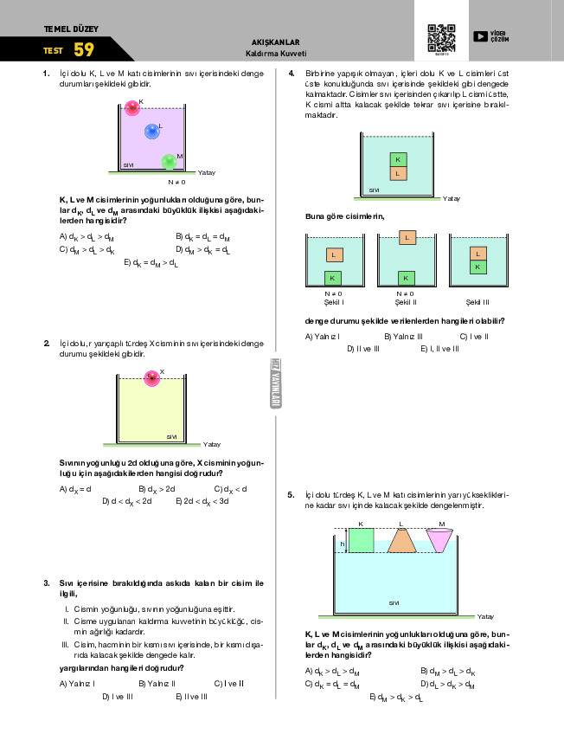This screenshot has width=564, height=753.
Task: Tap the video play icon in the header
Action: [480, 36]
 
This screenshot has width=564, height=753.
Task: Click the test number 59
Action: [84, 49]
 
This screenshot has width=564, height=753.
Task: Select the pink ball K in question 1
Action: [132, 107]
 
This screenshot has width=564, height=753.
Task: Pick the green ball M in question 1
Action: [169, 162]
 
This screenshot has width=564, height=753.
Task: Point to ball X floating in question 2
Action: [152, 377]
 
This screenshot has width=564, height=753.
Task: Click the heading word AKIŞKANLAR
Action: [275, 42]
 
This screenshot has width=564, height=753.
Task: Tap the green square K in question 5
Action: [361, 539]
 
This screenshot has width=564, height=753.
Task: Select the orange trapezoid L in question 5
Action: [401, 540]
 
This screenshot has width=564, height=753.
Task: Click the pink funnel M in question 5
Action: [441, 540]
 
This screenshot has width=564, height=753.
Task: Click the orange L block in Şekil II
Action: [406, 237]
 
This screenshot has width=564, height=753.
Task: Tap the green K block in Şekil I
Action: [332, 278]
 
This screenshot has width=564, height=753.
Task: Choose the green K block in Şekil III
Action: [477, 267]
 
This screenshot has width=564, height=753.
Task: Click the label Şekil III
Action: [477, 302]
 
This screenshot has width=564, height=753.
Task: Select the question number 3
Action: [46, 582]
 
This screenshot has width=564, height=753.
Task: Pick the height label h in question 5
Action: [343, 544]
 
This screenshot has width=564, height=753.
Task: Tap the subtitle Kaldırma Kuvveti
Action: [275, 53]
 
